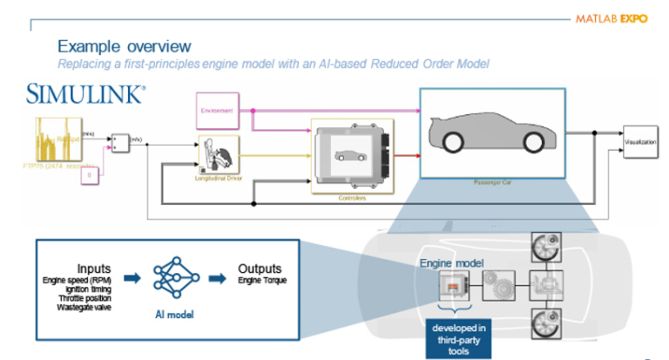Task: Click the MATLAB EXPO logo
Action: tap(616, 17)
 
